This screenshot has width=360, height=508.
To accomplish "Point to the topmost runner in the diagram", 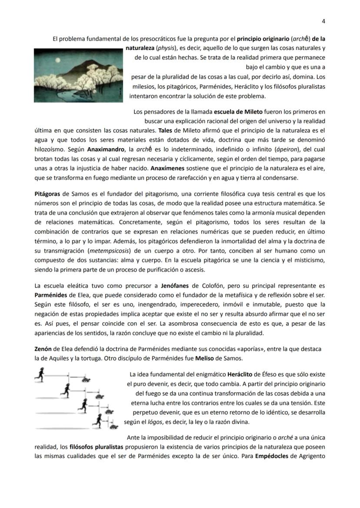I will [40, 373].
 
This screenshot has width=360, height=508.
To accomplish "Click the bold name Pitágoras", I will [47, 193].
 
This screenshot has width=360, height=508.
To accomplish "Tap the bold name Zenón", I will [43, 349].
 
